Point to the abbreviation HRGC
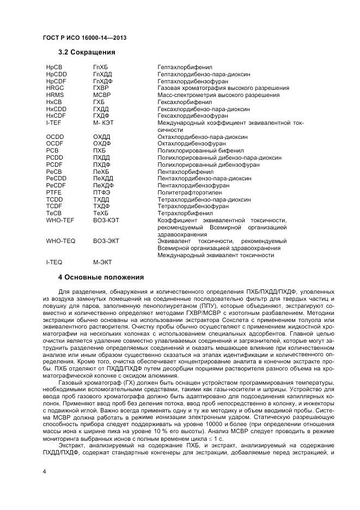tap(56, 88)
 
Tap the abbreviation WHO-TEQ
tap(60, 241)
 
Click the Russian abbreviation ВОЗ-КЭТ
tap(106, 220)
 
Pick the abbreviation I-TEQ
tap(54, 262)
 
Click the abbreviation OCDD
tap(56, 137)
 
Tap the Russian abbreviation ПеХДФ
tap(103, 185)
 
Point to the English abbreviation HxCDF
tap(56, 116)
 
